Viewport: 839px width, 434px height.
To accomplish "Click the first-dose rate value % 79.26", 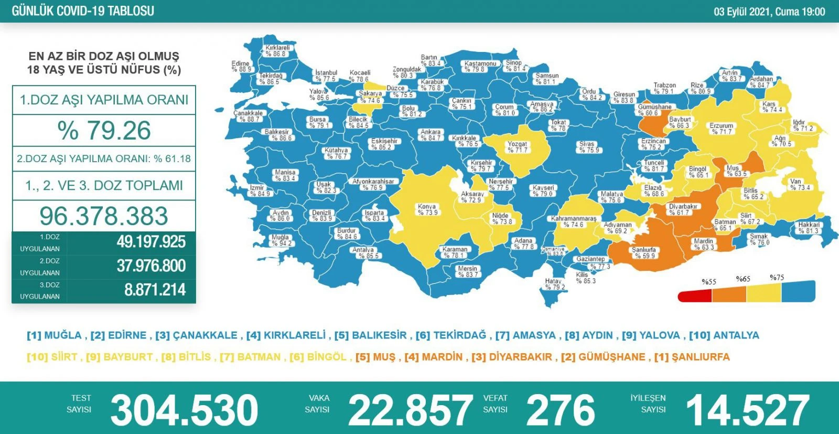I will (x=104, y=130).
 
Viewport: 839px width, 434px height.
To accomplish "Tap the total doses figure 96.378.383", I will (x=104, y=216).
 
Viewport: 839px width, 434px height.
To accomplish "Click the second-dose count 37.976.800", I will (x=151, y=266).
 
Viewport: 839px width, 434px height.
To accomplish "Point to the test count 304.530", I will (x=184, y=410).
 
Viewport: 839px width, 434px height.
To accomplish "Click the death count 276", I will (x=560, y=410).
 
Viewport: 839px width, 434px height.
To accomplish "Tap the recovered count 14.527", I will (x=748, y=410).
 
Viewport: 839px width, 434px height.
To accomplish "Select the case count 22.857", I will (x=410, y=410).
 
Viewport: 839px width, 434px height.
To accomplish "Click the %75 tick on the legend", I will (x=777, y=278).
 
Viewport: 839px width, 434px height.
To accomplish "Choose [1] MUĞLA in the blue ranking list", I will (x=55, y=335).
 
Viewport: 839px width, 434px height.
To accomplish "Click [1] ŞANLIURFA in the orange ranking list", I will (x=692, y=357).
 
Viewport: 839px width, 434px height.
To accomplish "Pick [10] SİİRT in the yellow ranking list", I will (x=52, y=357).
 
